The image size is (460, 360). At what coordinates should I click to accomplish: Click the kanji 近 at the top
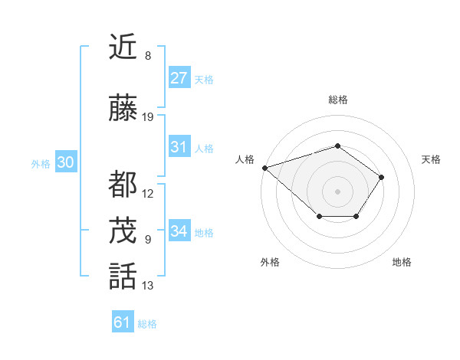123,47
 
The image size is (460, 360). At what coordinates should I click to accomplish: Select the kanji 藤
123,109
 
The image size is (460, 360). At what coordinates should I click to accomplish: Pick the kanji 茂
123,230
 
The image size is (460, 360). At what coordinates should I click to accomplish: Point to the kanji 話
123,276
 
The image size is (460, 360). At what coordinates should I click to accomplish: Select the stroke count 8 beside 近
147,56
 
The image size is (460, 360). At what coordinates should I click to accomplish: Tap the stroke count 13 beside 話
148,286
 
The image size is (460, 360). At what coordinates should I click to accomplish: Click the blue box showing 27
179,77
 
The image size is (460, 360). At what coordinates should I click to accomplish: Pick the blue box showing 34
179,231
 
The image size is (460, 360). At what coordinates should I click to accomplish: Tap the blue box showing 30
65,162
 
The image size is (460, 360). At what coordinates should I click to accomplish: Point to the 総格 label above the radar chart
337,100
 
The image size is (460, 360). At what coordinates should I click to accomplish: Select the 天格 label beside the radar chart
432,159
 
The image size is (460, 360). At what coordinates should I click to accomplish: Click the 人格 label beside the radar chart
245,159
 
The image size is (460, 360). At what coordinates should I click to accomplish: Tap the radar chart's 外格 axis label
270,262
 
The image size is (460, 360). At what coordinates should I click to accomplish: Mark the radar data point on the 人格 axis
264,167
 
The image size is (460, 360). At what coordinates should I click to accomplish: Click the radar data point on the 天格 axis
382,177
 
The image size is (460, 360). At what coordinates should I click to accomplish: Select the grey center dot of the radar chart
337,191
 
